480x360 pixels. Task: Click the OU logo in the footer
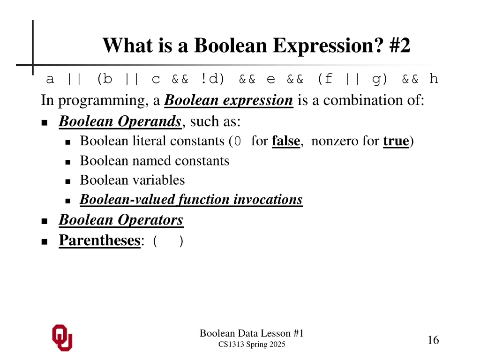click(62, 337)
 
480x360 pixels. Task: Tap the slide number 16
click(433, 340)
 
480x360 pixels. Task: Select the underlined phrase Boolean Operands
click(120, 121)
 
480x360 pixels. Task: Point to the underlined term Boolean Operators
click(121, 220)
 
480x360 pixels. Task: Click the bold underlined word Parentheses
click(99, 240)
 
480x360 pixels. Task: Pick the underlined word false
click(285, 141)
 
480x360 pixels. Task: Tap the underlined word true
click(396, 141)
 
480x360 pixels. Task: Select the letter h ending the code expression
click(434, 79)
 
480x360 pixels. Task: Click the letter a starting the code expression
click(50, 79)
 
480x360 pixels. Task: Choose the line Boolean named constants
click(155, 161)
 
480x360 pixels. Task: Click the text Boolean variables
click(132, 180)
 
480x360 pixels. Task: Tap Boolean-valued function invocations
click(191, 200)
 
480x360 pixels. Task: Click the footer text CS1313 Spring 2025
click(252, 345)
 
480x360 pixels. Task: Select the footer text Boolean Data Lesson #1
click(252, 333)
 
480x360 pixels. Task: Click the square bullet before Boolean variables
click(67, 181)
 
